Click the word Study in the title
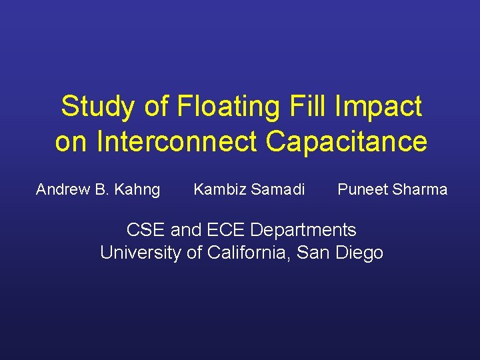click(x=89, y=107)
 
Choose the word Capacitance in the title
click(x=345, y=141)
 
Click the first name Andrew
click(x=63, y=190)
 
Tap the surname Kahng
click(x=137, y=190)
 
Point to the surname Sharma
click(x=420, y=190)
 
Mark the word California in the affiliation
click(x=249, y=253)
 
